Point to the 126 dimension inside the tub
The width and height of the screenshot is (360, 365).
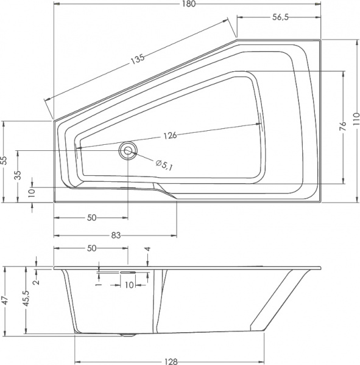point(169,136)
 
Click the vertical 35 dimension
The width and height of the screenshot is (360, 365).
point(18,176)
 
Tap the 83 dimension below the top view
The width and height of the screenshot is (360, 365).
point(115,235)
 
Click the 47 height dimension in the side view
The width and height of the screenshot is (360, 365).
point(5,301)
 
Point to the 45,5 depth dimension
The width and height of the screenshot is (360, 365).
point(26,301)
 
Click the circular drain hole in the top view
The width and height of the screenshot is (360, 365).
point(128,150)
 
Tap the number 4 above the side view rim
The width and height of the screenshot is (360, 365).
point(147,249)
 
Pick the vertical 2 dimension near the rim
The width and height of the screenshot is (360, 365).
point(36,280)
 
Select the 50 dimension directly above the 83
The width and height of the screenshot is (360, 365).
point(91,217)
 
